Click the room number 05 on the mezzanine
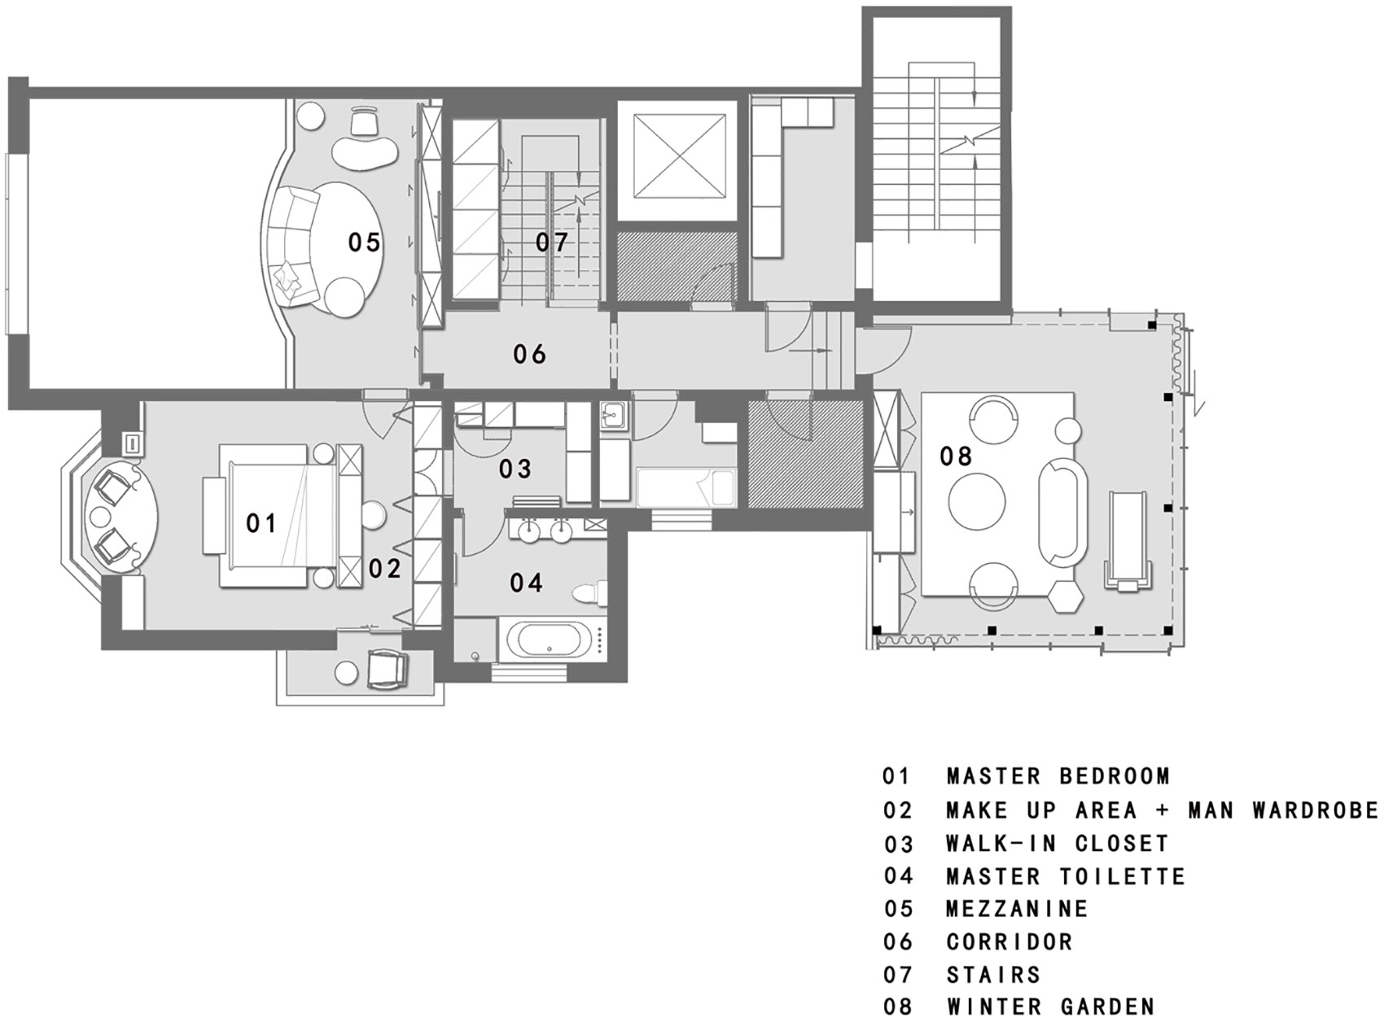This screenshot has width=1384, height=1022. pos(364,242)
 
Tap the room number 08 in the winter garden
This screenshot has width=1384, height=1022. pos(956,456)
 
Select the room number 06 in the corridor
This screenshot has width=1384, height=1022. pos(529,354)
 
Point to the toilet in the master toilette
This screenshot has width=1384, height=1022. pos(590,594)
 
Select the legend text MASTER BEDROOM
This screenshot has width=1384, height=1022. pos(1058,776)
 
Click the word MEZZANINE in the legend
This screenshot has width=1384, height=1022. pos(1017,909)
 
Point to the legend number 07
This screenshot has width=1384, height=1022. pos(898,975)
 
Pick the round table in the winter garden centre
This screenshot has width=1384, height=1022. pos(978,501)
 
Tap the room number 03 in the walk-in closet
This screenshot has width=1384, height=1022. pos(515,469)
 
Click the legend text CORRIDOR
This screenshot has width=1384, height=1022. pos(1010,942)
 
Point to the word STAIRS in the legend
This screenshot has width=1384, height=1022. pos(993,975)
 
